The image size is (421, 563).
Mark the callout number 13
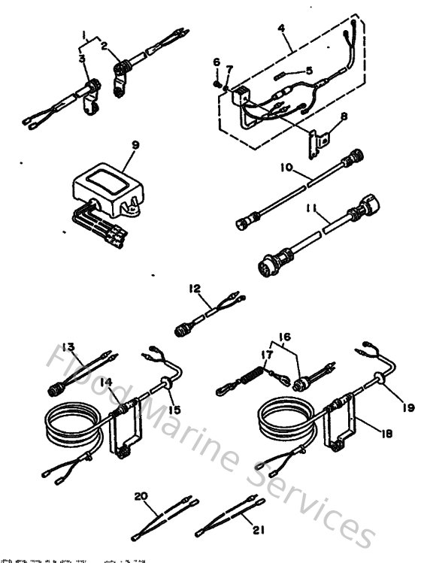pyautogui.click(x=69, y=347)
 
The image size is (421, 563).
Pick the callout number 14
pyautogui.click(x=109, y=382)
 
